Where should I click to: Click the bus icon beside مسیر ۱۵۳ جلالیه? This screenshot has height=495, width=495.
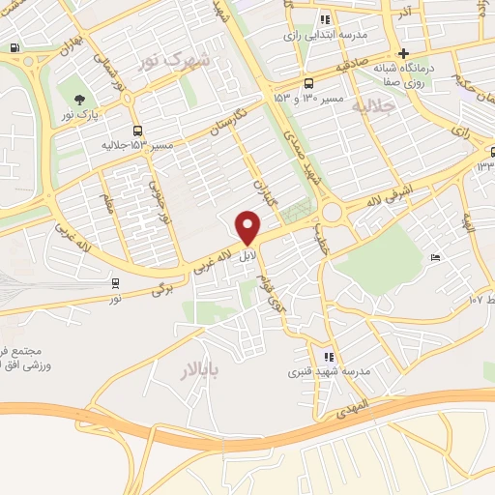[137, 130]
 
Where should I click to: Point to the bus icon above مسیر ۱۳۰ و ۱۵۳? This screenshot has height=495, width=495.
[308, 83]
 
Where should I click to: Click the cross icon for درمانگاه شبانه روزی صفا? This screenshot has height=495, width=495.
[404, 52]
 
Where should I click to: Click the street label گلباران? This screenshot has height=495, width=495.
[263, 193]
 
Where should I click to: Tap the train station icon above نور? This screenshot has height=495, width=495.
[115, 284]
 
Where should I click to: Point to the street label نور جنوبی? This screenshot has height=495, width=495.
[158, 199]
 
